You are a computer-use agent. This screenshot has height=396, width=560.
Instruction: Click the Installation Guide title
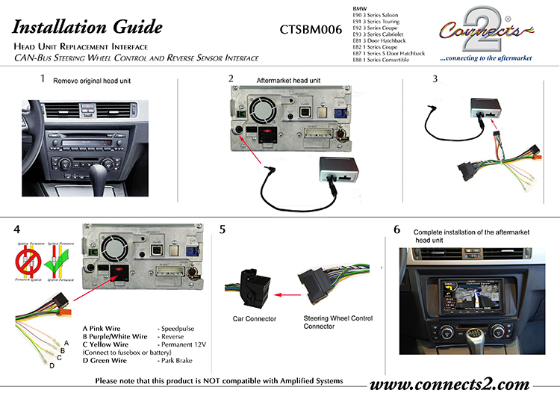pos(87,28)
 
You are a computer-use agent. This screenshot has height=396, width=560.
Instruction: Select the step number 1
pos(43,78)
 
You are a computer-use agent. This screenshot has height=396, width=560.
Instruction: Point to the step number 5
pos(222,229)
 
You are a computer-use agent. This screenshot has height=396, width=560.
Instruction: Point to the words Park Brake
pos(177,360)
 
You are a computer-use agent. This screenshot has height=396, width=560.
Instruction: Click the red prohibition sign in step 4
pos(28,266)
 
